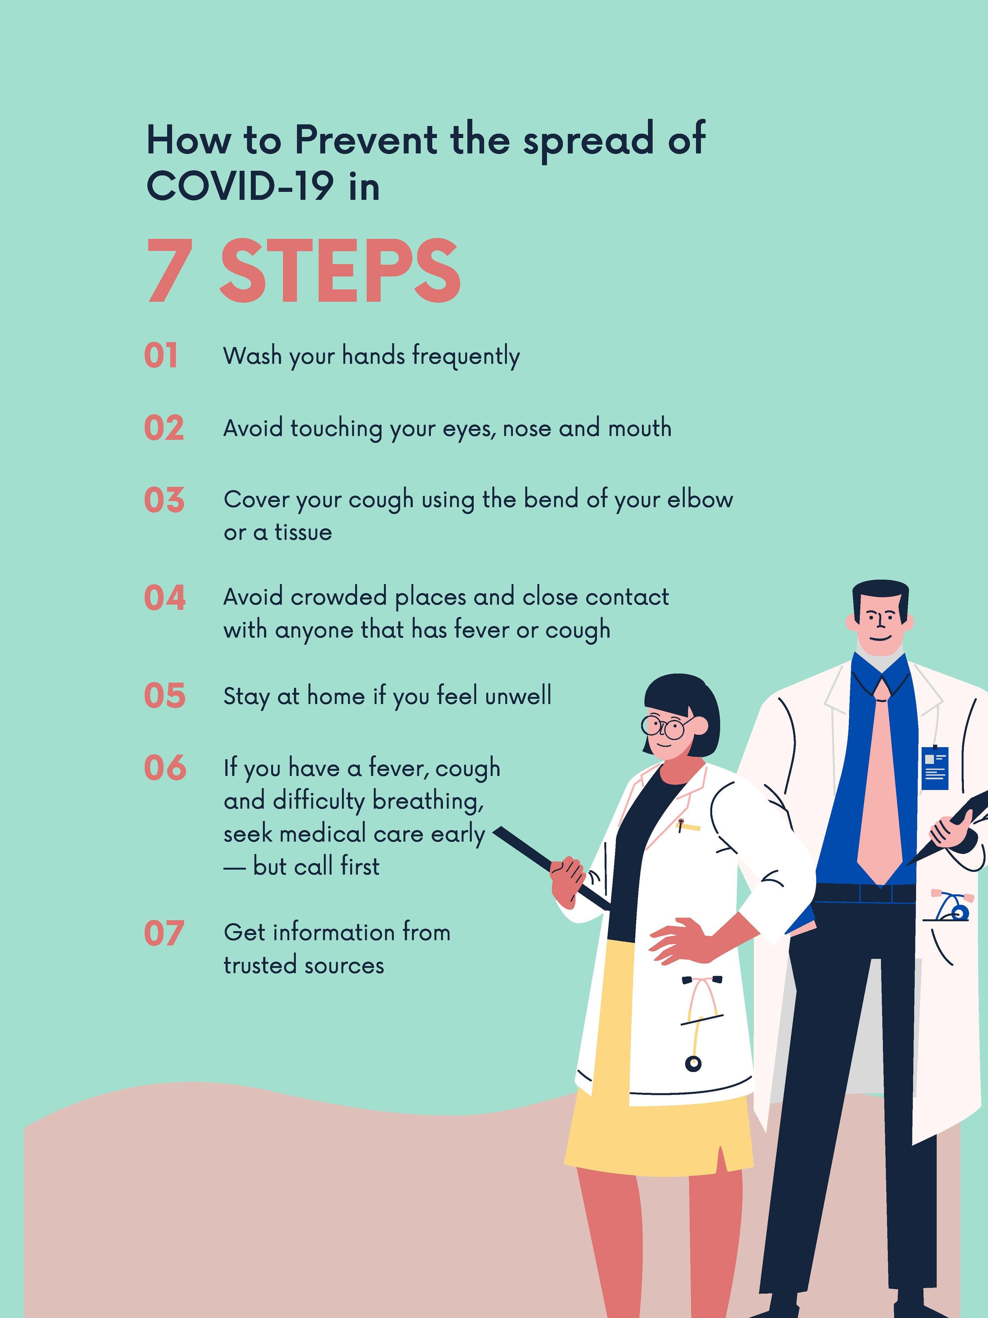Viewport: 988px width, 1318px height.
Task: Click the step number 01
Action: pyautogui.click(x=161, y=356)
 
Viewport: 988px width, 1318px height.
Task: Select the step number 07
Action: pyautogui.click(x=163, y=934)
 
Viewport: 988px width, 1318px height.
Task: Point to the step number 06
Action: pyautogui.click(x=165, y=768)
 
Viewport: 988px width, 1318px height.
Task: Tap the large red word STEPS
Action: pyautogui.click(x=340, y=271)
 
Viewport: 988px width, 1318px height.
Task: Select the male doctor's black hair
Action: pyautogui.click(x=880, y=599)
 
